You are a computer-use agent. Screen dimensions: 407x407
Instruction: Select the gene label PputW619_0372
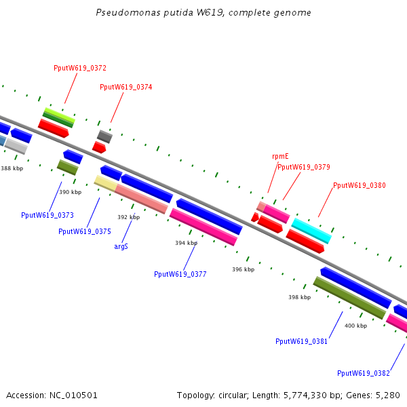point(80,68)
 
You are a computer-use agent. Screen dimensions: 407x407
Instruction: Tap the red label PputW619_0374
point(126,87)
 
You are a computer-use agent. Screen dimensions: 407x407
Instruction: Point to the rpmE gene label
point(280,156)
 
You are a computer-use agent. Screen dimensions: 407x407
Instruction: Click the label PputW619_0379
point(304,167)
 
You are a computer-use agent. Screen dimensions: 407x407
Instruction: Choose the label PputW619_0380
point(360,185)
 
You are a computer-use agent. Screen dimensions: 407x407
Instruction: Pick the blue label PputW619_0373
point(47,215)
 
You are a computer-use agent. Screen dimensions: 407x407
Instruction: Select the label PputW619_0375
point(85,231)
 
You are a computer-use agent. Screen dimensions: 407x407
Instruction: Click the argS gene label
point(121,246)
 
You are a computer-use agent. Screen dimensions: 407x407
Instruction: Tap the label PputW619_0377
point(180,274)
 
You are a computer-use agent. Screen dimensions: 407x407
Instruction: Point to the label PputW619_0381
point(302,341)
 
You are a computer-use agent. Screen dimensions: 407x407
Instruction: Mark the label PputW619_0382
point(364,373)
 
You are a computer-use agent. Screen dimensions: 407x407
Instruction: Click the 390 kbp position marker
point(71,192)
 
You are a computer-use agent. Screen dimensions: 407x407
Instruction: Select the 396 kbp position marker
point(244,269)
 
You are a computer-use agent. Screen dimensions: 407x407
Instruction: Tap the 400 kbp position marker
point(356,326)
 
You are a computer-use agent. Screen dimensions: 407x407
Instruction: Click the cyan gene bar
point(311,231)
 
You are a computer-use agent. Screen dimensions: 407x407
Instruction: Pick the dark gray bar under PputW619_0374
point(105,136)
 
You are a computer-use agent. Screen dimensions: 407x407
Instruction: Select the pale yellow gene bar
point(106,183)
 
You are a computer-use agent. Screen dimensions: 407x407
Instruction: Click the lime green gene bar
point(60,115)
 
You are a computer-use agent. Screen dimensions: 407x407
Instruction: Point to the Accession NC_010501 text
point(52,395)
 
